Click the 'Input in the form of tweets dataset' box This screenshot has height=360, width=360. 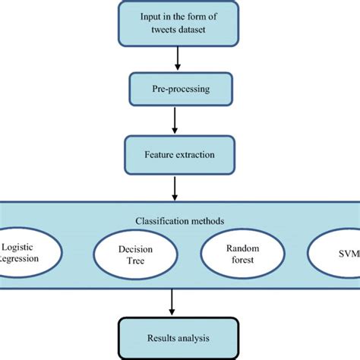tap(179, 24)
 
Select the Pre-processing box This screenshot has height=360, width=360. tap(179, 90)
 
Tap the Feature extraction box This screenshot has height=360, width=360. tap(179, 154)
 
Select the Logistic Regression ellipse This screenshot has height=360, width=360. tap(23, 253)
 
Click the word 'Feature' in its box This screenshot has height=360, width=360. tap(159, 154)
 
